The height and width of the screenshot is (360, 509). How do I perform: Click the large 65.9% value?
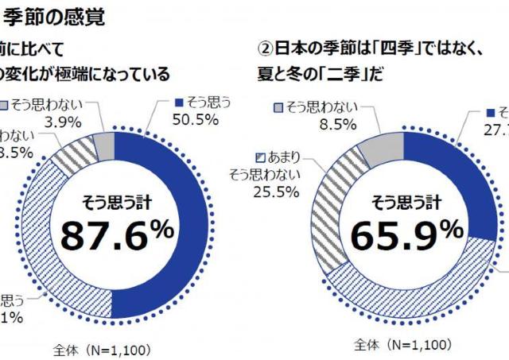coord(406,234)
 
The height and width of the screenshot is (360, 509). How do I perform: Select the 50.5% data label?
coord(194,119)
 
